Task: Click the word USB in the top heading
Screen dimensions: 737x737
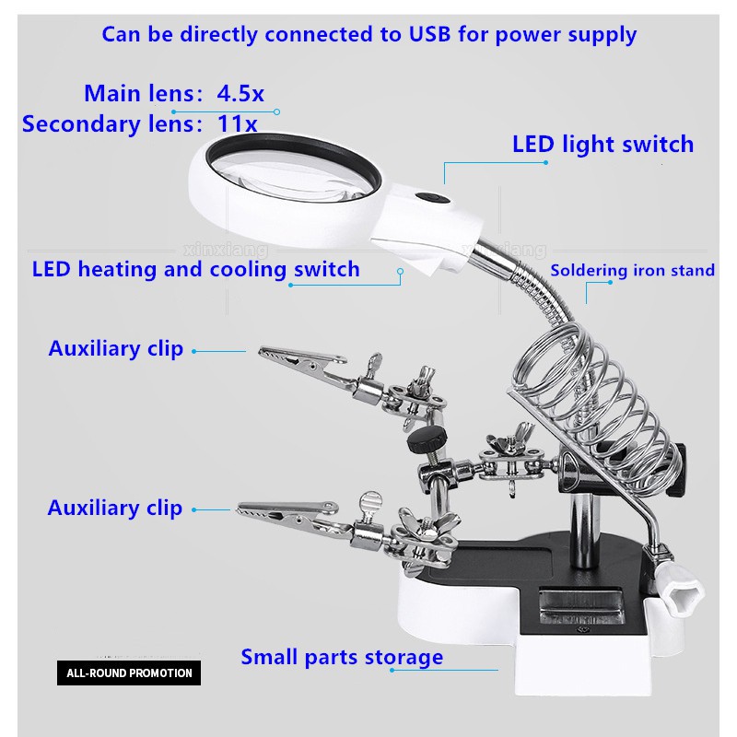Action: [x=429, y=34]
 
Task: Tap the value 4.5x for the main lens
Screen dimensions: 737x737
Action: [x=240, y=93]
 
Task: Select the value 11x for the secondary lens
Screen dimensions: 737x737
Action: [x=237, y=123]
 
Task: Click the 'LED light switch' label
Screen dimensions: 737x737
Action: [x=602, y=145]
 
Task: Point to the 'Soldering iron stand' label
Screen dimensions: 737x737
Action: [x=632, y=270]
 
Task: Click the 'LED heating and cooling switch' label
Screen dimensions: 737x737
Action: [x=195, y=269]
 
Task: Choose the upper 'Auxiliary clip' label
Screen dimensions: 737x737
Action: [x=116, y=349]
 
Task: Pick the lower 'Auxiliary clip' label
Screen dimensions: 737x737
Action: [x=114, y=509]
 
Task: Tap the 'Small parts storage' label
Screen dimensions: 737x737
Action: [x=342, y=657]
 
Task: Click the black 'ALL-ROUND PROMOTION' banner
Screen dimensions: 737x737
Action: [x=129, y=673]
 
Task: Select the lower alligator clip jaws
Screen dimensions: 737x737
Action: [x=290, y=515]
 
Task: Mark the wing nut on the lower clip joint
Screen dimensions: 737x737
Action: [x=427, y=526]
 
